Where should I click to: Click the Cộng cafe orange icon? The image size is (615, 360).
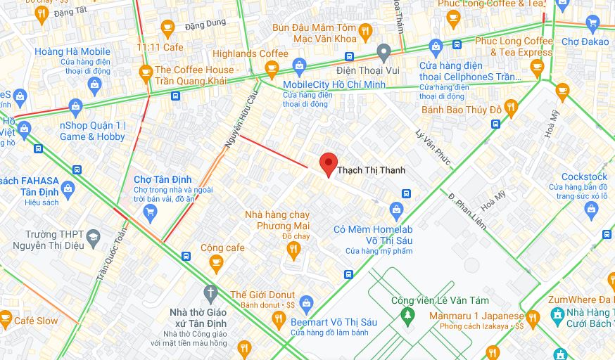[x=216, y=263]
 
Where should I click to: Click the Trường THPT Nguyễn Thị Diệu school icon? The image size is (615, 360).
[x=93, y=240]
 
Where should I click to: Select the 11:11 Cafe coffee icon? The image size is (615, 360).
[x=167, y=29]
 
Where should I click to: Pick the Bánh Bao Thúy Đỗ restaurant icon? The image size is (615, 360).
[x=511, y=108]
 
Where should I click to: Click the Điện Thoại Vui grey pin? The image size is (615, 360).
[x=383, y=51]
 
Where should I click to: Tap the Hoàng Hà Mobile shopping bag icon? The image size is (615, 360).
[x=95, y=86]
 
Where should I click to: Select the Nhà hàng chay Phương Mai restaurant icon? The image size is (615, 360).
[x=294, y=250]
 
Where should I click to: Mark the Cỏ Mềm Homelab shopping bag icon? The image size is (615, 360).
[x=397, y=210]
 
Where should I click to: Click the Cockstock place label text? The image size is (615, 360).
[x=584, y=176]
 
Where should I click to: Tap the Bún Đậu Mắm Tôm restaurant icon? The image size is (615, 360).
[x=364, y=31]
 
